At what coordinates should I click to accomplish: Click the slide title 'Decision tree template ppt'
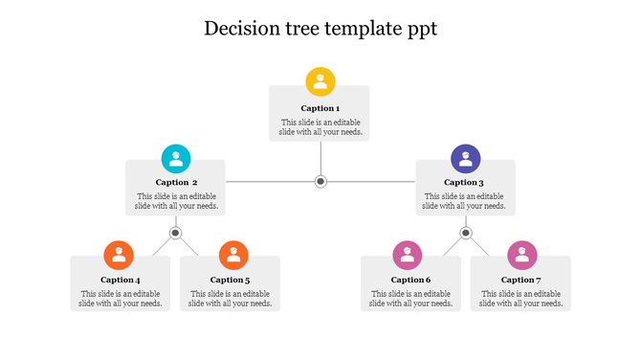320,29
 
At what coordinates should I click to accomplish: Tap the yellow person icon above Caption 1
320,81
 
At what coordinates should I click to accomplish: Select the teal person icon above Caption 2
176,158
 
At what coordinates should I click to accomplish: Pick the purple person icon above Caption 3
466,158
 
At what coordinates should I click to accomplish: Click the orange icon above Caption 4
119,256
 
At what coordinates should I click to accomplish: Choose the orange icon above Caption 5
233,256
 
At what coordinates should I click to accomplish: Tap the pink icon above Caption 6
408,256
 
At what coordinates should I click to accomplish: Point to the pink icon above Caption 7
521,256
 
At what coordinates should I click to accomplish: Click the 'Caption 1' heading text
320,108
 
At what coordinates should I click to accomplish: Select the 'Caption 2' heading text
177,182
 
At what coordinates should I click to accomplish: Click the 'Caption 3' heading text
465,182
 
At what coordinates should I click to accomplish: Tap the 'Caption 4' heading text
121,280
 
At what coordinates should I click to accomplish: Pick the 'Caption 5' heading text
231,280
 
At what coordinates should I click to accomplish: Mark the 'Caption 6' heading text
411,280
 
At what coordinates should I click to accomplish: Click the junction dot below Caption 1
321,181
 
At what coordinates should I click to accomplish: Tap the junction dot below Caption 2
176,233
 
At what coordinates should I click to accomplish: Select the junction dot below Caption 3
466,233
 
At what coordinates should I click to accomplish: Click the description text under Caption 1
320,127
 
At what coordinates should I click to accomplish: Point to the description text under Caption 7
520,299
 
